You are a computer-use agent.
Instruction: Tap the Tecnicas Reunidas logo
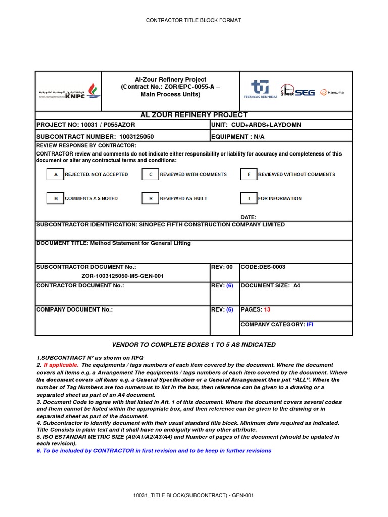[x=261, y=90]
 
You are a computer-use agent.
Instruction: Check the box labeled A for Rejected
[x=55, y=175]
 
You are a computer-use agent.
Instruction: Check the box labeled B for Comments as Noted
[x=55, y=199]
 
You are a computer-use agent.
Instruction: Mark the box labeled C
[x=150, y=175]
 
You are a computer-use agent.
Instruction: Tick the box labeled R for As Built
[x=150, y=199]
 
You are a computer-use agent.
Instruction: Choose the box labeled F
[x=249, y=175]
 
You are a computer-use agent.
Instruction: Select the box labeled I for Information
[x=249, y=199]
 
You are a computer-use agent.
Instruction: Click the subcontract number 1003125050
[x=136, y=137]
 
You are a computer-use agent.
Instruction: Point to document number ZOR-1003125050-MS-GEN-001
[x=122, y=276]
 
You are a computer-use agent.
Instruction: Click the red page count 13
[x=267, y=309]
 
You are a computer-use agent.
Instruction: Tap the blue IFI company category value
[x=310, y=324]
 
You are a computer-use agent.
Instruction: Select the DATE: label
[x=248, y=217]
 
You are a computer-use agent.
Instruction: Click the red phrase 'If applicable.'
[x=61, y=365]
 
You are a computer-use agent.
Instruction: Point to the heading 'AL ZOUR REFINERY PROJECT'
[x=193, y=115]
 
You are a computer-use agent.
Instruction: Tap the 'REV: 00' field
[x=222, y=267]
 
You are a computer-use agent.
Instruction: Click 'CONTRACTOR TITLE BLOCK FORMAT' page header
[x=193, y=20]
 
